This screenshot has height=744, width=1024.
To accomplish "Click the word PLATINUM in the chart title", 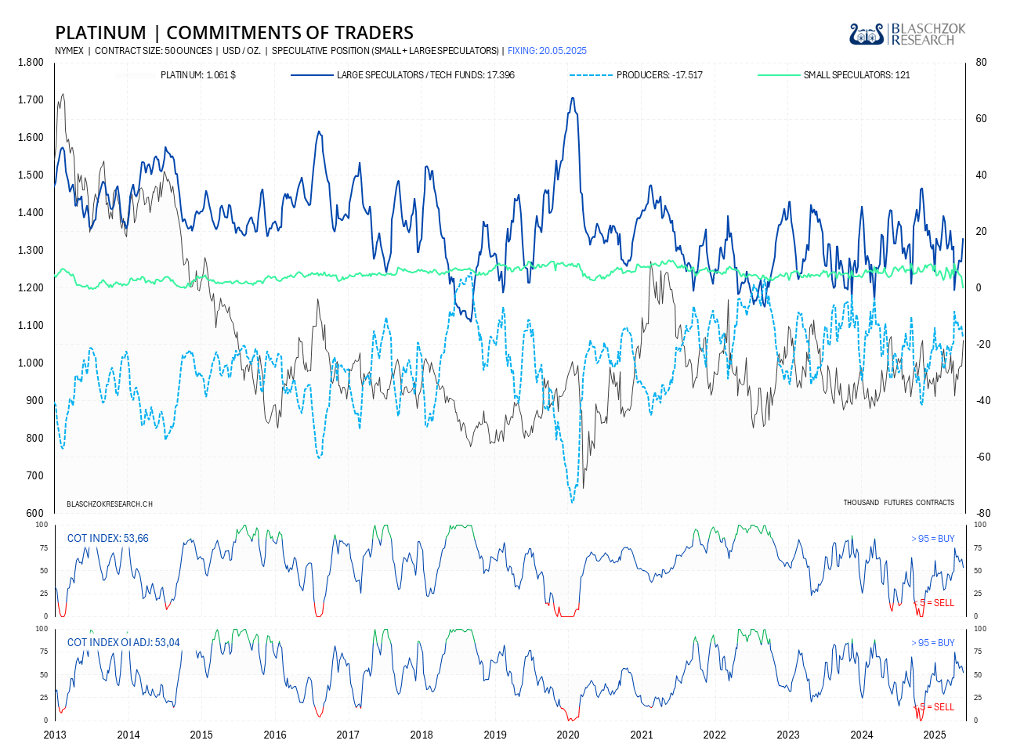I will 100,33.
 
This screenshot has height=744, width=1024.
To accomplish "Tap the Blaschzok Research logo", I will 907,34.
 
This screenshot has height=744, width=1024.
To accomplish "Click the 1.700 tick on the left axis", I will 31,100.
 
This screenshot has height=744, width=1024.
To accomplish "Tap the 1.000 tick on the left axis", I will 31,363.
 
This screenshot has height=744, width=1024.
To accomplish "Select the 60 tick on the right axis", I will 981,119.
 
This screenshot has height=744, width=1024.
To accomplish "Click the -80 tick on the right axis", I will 982,514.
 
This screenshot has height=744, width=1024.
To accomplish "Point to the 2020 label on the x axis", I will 568,735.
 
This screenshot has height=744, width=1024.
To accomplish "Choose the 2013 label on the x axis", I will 55,735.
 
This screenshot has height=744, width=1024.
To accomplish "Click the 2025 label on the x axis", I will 934,735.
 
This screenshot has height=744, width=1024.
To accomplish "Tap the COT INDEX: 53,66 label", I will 107,538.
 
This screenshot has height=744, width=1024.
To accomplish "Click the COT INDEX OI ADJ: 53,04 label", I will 123,642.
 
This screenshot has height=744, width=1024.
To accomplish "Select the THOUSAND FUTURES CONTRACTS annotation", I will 899,502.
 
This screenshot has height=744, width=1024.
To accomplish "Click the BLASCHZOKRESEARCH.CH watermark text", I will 109,504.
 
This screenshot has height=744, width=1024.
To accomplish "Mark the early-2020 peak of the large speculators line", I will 573,99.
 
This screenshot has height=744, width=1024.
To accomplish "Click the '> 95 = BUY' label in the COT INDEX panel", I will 932,539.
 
